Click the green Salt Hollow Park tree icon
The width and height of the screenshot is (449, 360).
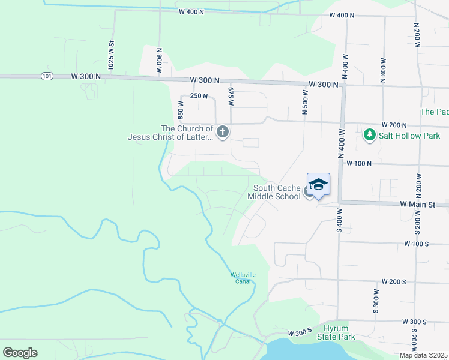[370, 135]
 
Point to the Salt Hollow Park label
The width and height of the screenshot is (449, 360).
[409, 136]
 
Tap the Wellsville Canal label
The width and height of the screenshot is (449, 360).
[243, 278]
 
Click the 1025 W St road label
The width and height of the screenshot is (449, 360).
[111, 55]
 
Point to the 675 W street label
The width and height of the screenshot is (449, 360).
[231, 95]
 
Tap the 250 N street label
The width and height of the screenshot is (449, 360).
[199, 96]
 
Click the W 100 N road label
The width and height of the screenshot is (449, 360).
[359, 163]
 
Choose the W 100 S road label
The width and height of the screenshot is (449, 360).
[417, 244]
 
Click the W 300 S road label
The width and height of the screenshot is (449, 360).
[300, 333]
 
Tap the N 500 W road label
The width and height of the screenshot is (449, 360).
[305, 102]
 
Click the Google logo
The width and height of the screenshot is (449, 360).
[20, 353]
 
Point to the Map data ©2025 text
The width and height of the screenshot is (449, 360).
[424, 355]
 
